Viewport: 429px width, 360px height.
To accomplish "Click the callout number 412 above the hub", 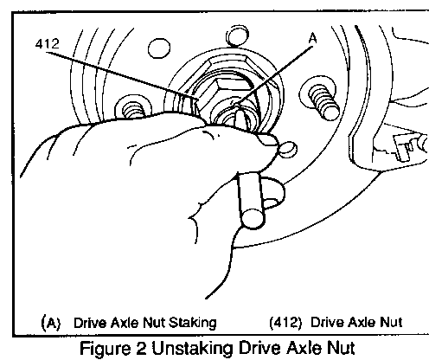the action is (x=48, y=44).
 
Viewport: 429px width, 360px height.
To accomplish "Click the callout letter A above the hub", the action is (x=312, y=38).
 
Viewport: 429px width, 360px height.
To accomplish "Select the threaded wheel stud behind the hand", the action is (x=133, y=110).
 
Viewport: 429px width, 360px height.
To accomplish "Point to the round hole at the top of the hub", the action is (x=237, y=35).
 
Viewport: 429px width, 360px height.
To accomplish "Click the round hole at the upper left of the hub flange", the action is (x=159, y=48).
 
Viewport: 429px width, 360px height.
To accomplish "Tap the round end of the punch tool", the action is (x=253, y=219).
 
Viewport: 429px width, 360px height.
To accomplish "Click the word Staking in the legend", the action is (x=192, y=323).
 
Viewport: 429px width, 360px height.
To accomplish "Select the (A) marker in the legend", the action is (x=51, y=323).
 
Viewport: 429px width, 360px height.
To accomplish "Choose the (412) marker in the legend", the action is (x=285, y=323).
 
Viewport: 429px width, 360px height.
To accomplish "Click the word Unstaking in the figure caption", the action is (x=192, y=349).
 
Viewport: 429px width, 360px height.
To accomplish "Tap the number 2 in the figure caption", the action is (x=141, y=348).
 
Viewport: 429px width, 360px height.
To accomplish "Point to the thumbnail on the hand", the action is (x=267, y=140).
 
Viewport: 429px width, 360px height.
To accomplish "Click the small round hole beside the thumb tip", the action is (x=288, y=150).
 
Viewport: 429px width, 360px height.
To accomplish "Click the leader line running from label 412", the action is (x=123, y=75).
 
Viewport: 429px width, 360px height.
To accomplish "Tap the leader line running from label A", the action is (x=273, y=77).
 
